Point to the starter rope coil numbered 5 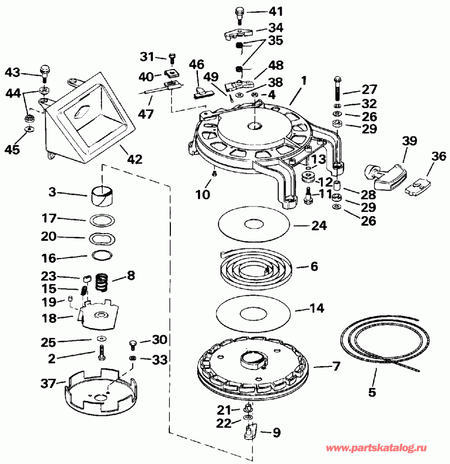coord(383,339)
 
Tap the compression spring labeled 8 coord(102,280)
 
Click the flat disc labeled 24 coord(254,224)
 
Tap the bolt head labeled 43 coord(45,69)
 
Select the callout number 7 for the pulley coord(337,366)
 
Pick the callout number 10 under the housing coord(202,194)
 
